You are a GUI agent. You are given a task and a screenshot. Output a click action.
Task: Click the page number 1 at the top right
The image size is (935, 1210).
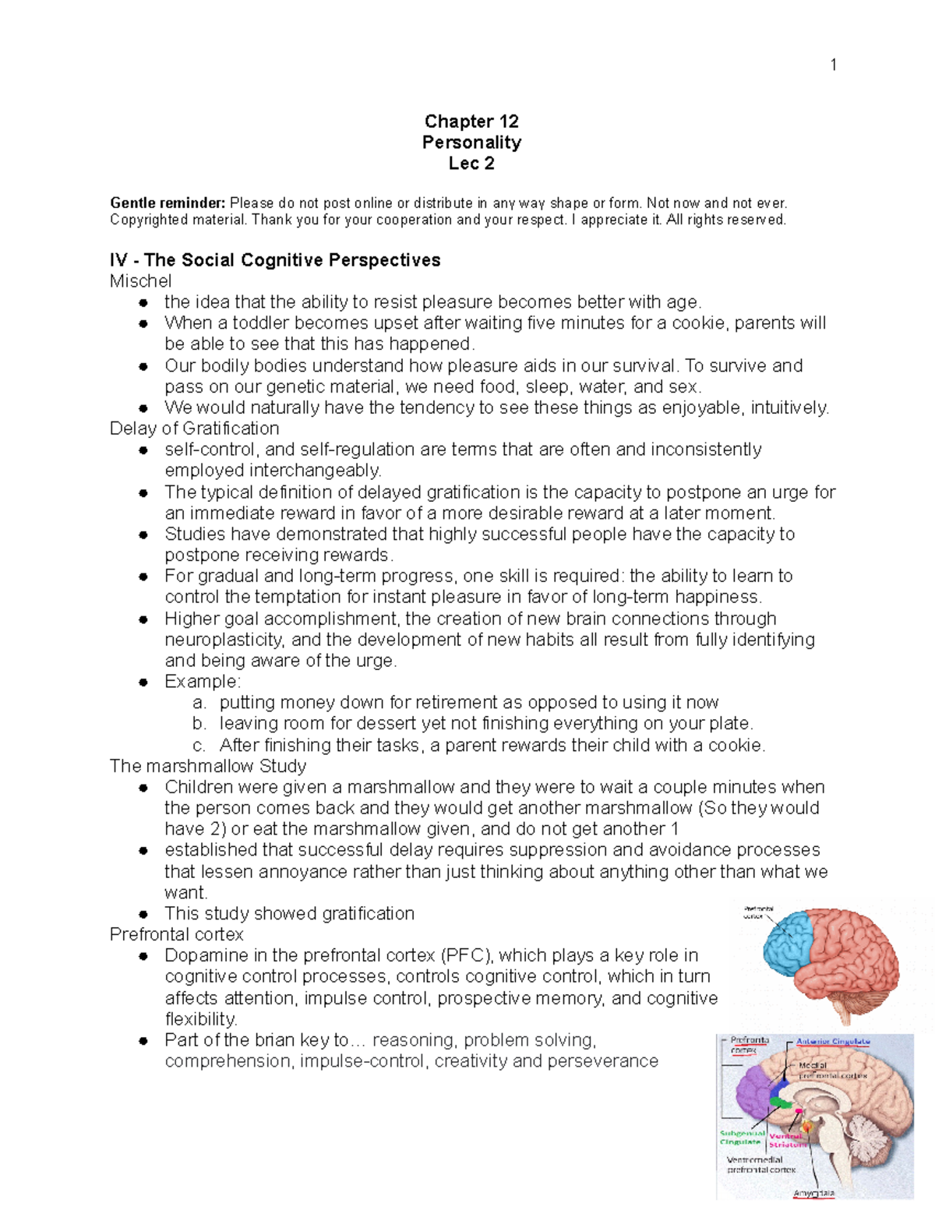(833, 65)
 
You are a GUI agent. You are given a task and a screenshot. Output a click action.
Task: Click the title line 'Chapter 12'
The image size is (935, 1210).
(471, 122)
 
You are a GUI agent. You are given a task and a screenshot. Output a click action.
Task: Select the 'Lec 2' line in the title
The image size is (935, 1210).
(471, 164)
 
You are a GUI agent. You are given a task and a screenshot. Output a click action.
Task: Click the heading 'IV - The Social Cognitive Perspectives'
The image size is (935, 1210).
(275, 260)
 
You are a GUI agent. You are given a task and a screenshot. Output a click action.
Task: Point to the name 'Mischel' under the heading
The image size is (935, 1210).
(140, 281)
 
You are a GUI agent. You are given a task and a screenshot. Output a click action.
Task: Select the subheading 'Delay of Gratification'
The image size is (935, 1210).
(194, 429)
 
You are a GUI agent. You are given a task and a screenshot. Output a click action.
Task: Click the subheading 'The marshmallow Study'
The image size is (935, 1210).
(207, 766)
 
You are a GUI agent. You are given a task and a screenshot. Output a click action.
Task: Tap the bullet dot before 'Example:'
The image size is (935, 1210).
(143, 683)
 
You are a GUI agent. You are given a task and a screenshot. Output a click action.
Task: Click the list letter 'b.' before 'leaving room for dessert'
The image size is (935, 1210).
(199, 724)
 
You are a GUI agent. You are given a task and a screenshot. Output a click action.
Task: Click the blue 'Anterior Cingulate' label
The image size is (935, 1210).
(832, 1042)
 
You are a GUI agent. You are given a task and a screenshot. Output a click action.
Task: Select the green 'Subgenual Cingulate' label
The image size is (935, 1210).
(741, 1138)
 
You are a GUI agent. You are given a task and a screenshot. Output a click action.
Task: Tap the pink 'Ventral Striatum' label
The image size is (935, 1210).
(787, 1141)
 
